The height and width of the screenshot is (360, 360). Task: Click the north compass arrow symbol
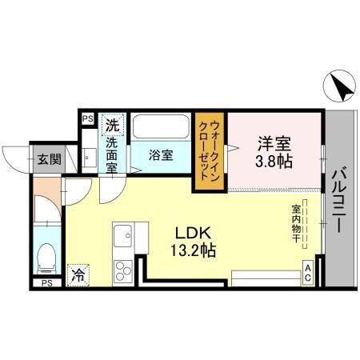(338, 86)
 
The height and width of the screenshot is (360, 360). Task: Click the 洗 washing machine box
(113, 126)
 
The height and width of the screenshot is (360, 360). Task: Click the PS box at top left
(87, 120)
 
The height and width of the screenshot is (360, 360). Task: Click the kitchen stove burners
(124, 269)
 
